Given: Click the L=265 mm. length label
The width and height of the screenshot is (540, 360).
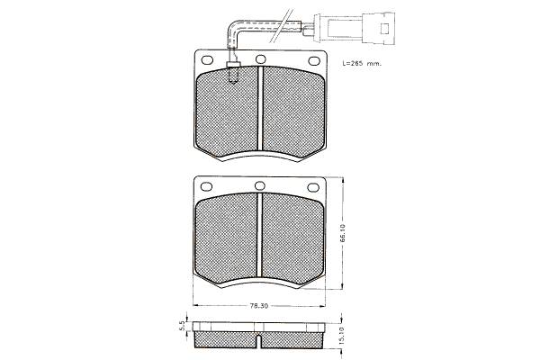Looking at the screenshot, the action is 362,64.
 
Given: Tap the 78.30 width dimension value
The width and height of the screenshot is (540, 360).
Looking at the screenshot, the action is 259,306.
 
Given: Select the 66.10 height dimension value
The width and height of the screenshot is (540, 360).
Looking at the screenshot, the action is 342,233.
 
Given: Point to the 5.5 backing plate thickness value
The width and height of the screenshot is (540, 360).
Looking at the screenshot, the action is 182,326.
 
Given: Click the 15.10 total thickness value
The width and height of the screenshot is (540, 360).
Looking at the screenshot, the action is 342,336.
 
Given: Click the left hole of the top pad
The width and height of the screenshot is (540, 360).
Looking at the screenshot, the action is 207,60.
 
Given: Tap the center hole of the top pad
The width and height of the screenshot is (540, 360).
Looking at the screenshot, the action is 261,59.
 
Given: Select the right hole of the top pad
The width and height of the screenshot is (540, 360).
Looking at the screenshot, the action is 314,61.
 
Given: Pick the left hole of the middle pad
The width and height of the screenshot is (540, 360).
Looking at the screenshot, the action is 206,186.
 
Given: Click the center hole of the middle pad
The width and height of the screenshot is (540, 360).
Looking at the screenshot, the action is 260,185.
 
